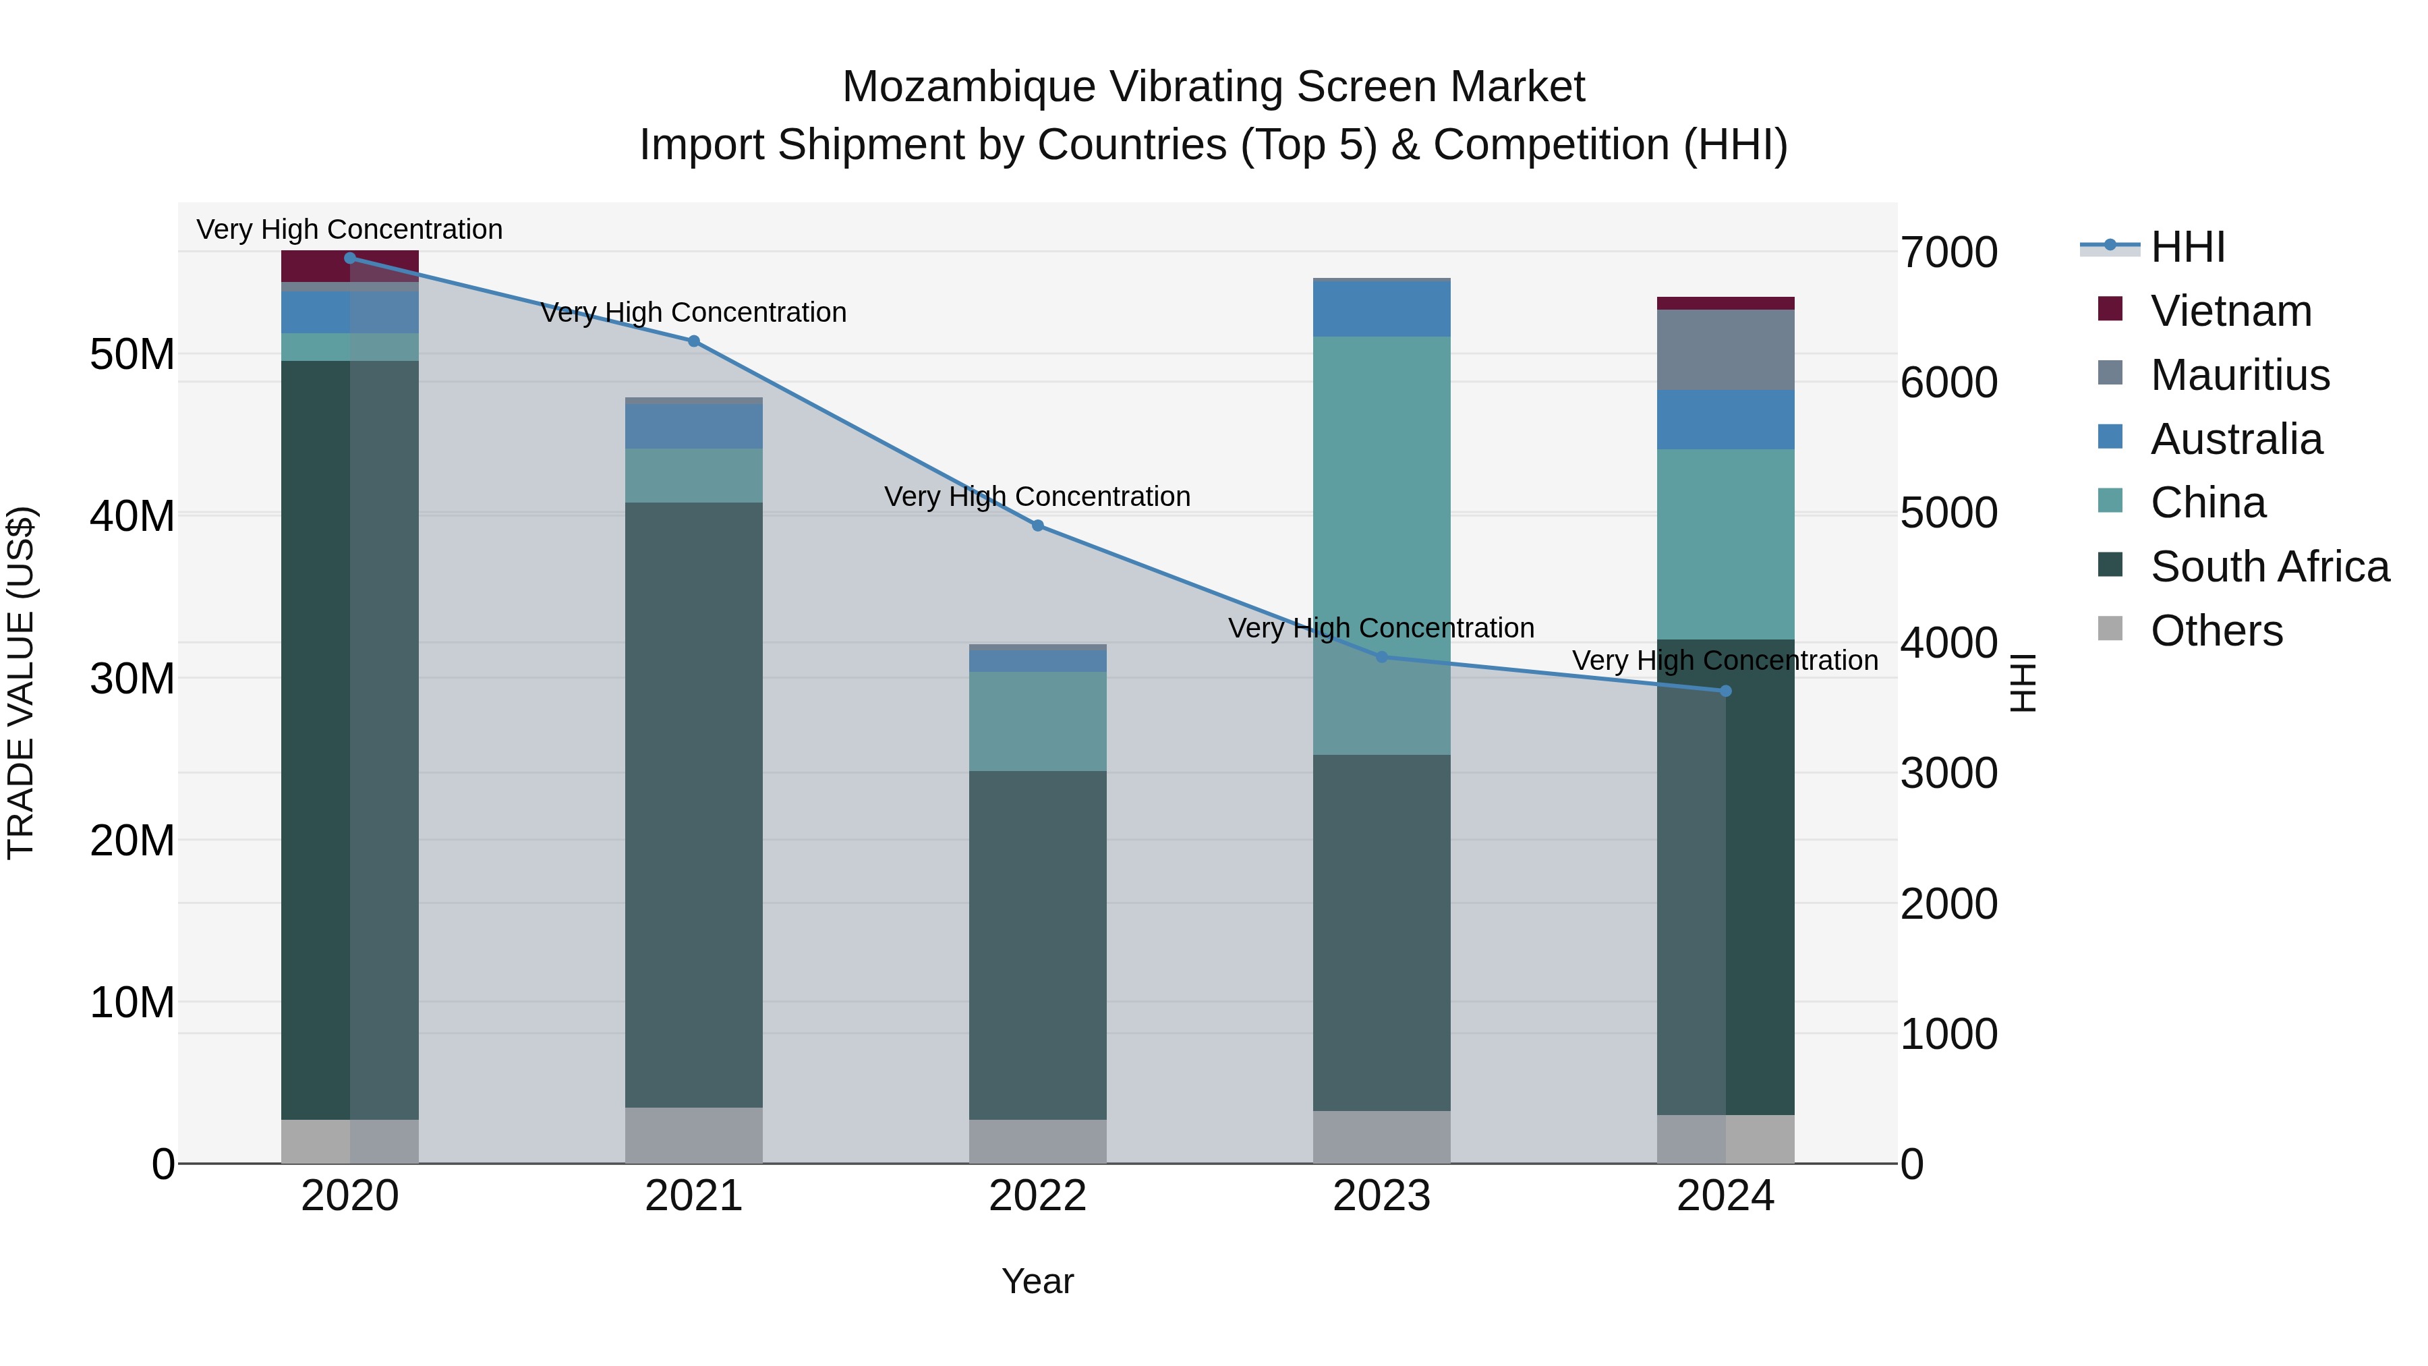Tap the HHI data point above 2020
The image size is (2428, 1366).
click(x=349, y=258)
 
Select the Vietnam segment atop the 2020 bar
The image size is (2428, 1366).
click(x=349, y=266)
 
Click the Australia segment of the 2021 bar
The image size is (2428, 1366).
click(x=694, y=426)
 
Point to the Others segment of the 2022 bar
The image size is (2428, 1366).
click(x=1038, y=1141)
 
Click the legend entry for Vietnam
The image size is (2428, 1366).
click(x=2230, y=311)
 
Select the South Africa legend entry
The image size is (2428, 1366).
click(x=2269, y=567)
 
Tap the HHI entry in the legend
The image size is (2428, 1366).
click(x=2187, y=247)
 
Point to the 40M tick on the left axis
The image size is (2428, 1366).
click(x=132, y=515)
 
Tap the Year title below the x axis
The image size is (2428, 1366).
click(x=1038, y=1281)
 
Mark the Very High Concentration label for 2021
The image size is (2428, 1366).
click(x=694, y=312)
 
